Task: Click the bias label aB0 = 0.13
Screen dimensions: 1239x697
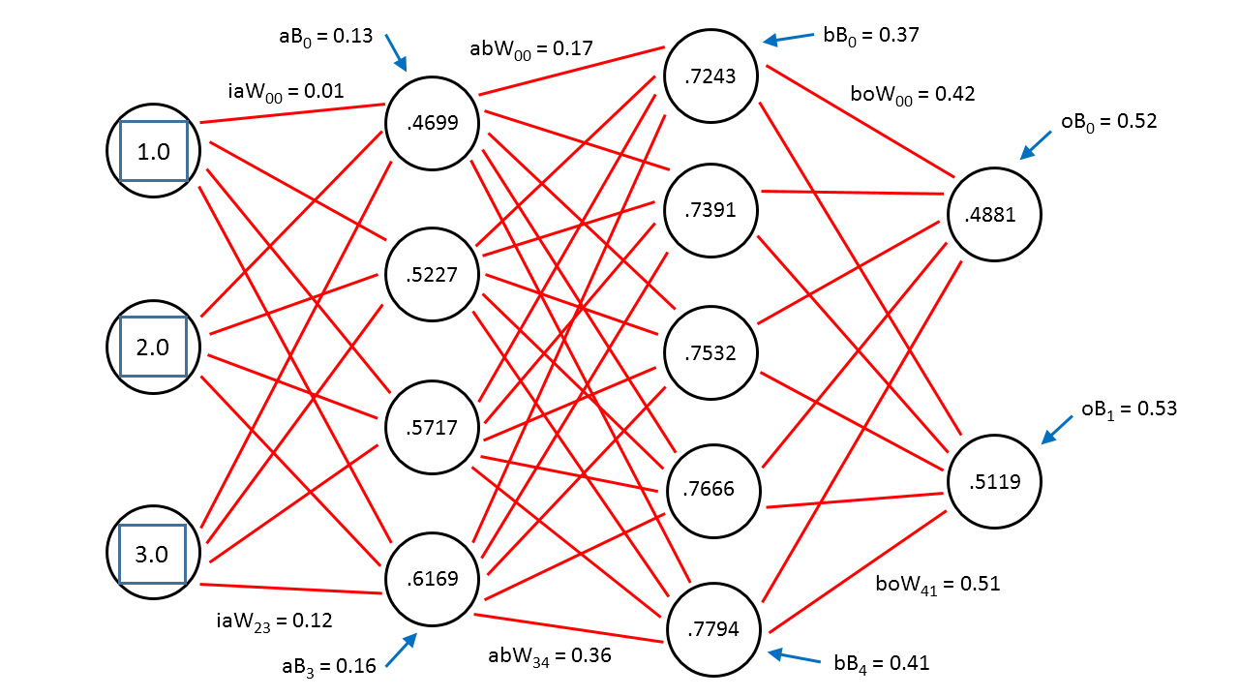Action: (x=326, y=37)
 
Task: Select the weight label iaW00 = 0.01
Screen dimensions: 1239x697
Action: (x=286, y=91)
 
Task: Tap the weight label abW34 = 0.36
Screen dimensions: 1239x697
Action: (x=550, y=656)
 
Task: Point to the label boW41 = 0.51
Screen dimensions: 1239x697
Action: (x=938, y=585)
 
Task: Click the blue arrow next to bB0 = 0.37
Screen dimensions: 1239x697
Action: (x=789, y=38)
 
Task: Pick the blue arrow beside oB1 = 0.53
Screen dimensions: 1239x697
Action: (x=1057, y=430)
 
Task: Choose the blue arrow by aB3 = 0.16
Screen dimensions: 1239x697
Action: (x=401, y=650)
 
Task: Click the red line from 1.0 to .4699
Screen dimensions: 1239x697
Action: (x=292, y=113)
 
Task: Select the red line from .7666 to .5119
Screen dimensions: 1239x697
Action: (x=855, y=500)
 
